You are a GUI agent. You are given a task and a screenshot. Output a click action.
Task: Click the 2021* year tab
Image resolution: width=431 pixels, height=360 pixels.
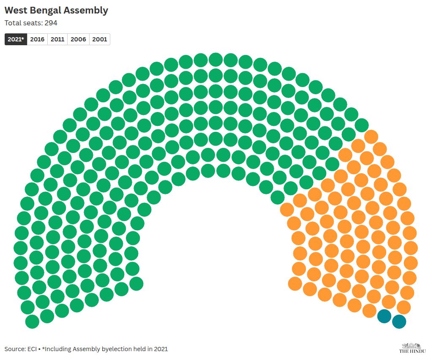(x=16, y=39)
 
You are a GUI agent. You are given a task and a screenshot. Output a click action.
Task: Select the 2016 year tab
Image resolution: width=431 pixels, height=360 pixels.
(x=37, y=39)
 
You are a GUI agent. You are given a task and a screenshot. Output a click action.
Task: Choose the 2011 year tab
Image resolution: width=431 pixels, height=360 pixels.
(x=57, y=39)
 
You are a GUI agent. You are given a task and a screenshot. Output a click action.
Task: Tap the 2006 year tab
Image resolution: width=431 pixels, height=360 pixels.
(x=78, y=39)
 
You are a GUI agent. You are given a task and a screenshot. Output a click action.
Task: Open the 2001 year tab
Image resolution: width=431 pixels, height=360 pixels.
(x=99, y=39)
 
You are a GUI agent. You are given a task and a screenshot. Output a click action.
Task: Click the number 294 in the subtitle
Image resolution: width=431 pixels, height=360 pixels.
(x=51, y=23)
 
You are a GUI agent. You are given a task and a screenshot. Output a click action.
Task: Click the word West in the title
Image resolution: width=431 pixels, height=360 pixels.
(x=16, y=11)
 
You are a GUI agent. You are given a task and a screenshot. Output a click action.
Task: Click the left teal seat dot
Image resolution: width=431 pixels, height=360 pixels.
(x=384, y=316)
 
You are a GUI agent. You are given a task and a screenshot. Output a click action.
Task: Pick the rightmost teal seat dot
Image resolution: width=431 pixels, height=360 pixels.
(x=399, y=322)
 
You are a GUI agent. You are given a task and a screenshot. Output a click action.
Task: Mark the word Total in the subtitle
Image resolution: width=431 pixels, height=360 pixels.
(x=13, y=23)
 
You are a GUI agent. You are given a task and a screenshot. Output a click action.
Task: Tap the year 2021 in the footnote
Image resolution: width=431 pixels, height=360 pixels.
(x=161, y=349)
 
